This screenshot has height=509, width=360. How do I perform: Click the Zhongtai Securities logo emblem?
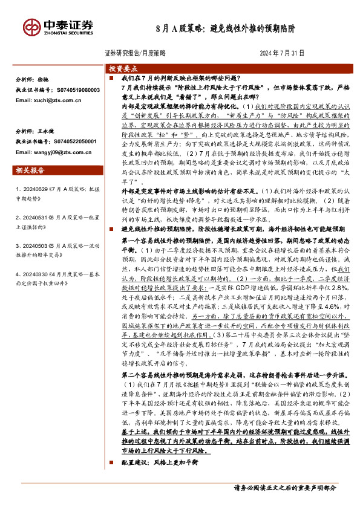(x=31, y=27)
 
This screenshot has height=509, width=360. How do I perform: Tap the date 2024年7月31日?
(x=282, y=53)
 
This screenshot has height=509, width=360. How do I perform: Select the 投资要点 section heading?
(x=123, y=69)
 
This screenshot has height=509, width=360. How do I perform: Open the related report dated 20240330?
(x=54, y=270)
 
